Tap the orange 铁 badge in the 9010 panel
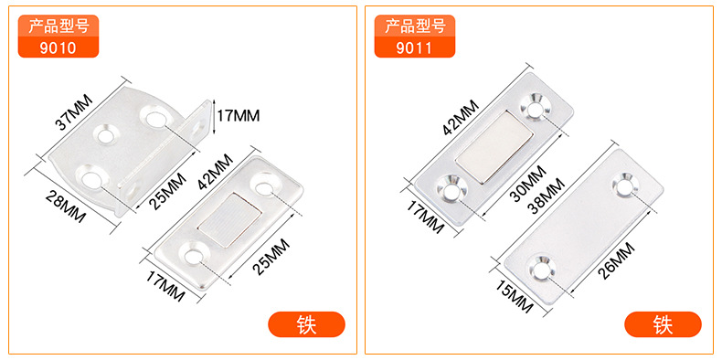(307, 324)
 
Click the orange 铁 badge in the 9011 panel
(663, 324)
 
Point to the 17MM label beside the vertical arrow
(239, 115)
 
